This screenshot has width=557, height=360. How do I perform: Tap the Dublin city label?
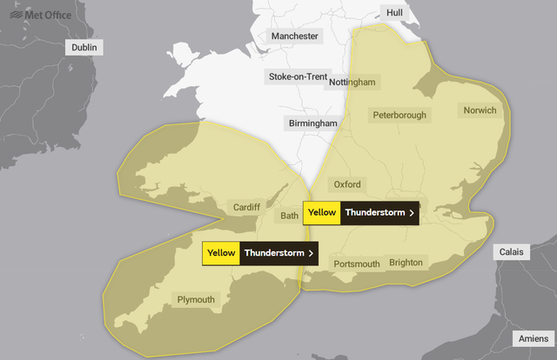pos(86,47)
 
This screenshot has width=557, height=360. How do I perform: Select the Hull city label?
pos(395,13)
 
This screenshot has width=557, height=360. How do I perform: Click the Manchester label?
pos(295,37)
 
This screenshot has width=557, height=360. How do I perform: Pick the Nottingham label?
pos(352,82)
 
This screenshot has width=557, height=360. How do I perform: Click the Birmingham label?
pos(312,124)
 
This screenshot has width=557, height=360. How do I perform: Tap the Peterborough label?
pos(399,115)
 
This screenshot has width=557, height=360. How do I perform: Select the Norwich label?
pos(480,110)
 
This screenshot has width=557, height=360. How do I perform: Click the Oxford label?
pos(347,184)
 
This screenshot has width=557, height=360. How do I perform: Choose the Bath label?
pos(290,215)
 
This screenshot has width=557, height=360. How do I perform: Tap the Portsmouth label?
pos(357,263)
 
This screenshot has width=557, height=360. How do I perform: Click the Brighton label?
pos(406,262)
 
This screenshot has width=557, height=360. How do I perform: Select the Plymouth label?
pos(196,300)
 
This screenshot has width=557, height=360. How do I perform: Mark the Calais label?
pos(511,251)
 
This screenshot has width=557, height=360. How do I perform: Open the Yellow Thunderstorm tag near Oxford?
pos(361,212)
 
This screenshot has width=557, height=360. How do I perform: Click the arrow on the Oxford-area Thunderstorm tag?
pos(411,212)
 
